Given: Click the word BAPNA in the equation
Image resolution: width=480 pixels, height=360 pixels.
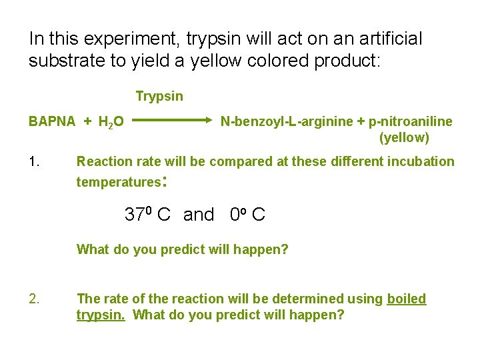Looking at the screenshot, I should pos(51,122).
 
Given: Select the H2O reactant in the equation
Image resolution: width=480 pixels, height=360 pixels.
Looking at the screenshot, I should pos(111,123).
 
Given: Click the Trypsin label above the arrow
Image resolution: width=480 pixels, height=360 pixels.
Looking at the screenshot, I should pos(159,97).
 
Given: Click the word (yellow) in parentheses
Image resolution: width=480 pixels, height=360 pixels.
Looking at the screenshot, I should pos(404,138).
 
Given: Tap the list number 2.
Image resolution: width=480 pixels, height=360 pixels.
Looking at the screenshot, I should pos(35,299).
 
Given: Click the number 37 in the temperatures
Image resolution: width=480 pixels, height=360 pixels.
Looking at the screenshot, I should pos(135,215).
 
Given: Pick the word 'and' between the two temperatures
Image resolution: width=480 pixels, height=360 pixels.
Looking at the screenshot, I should pos(199,215).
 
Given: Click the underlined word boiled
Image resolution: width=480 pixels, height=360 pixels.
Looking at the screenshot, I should pos(406,299).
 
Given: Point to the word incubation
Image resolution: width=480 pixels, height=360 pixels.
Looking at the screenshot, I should pos(419,161).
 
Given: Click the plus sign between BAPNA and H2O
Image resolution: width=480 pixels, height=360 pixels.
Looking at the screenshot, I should pos(87,122).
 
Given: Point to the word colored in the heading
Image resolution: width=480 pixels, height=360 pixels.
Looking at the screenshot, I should pos(262,61).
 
